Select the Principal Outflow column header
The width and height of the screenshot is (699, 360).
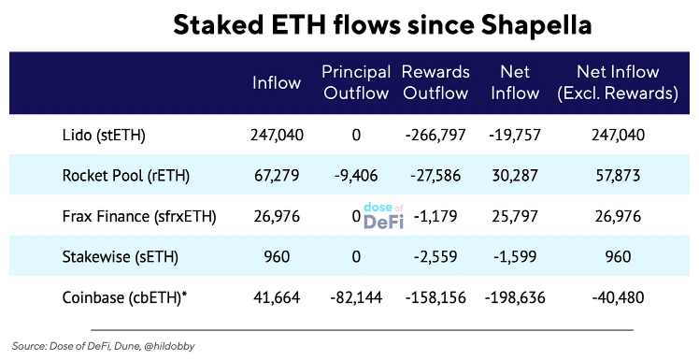tap(355, 81)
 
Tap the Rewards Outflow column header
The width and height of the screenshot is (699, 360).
tap(435, 81)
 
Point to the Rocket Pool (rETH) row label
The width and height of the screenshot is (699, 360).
tap(121, 176)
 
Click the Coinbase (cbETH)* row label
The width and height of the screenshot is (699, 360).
tap(125, 297)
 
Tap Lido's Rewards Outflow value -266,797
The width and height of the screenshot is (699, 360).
tap(435, 136)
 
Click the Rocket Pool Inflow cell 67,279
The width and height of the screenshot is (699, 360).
tap(277, 176)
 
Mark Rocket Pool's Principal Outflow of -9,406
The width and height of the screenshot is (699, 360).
tap(356, 176)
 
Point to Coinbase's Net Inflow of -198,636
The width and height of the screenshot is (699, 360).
tap(515, 297)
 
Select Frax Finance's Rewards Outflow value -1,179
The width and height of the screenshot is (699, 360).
tap(435, 217)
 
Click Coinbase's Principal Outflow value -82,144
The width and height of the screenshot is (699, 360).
tap(356, 297)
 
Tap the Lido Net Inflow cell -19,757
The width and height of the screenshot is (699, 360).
tap(515, 136)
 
